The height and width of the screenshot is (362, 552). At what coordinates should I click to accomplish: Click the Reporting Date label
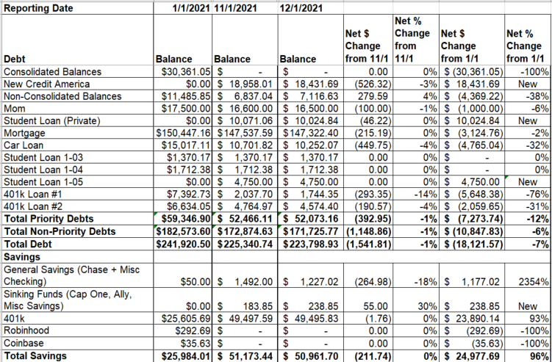click(38, 8)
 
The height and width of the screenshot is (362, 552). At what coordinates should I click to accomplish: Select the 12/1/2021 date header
click(301, 8)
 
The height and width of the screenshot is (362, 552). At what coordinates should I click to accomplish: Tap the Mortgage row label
click(24, 134)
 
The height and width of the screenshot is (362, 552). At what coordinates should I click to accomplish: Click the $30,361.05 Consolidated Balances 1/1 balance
click(186, 72)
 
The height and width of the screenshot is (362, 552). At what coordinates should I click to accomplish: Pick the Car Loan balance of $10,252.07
click(310, 145)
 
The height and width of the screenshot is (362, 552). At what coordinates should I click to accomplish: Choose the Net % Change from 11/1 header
click(412, 40)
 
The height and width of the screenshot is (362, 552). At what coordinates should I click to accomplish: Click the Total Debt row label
click(27, 244)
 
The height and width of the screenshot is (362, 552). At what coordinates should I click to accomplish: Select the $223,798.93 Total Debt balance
click(310, 244)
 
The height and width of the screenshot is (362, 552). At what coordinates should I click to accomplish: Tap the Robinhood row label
click(26, 330)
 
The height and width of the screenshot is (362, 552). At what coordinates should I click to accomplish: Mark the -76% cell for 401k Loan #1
click(537, 194)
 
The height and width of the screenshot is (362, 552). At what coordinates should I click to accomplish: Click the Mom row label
click(12, 109)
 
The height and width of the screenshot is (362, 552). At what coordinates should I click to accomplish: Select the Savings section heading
click(22, 257)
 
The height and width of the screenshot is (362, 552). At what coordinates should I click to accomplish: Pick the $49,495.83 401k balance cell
click(310, 319)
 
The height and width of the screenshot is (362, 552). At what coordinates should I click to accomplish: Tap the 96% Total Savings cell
click(539, 356)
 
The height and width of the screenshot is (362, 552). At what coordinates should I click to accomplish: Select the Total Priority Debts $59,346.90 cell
click(186, 219)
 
